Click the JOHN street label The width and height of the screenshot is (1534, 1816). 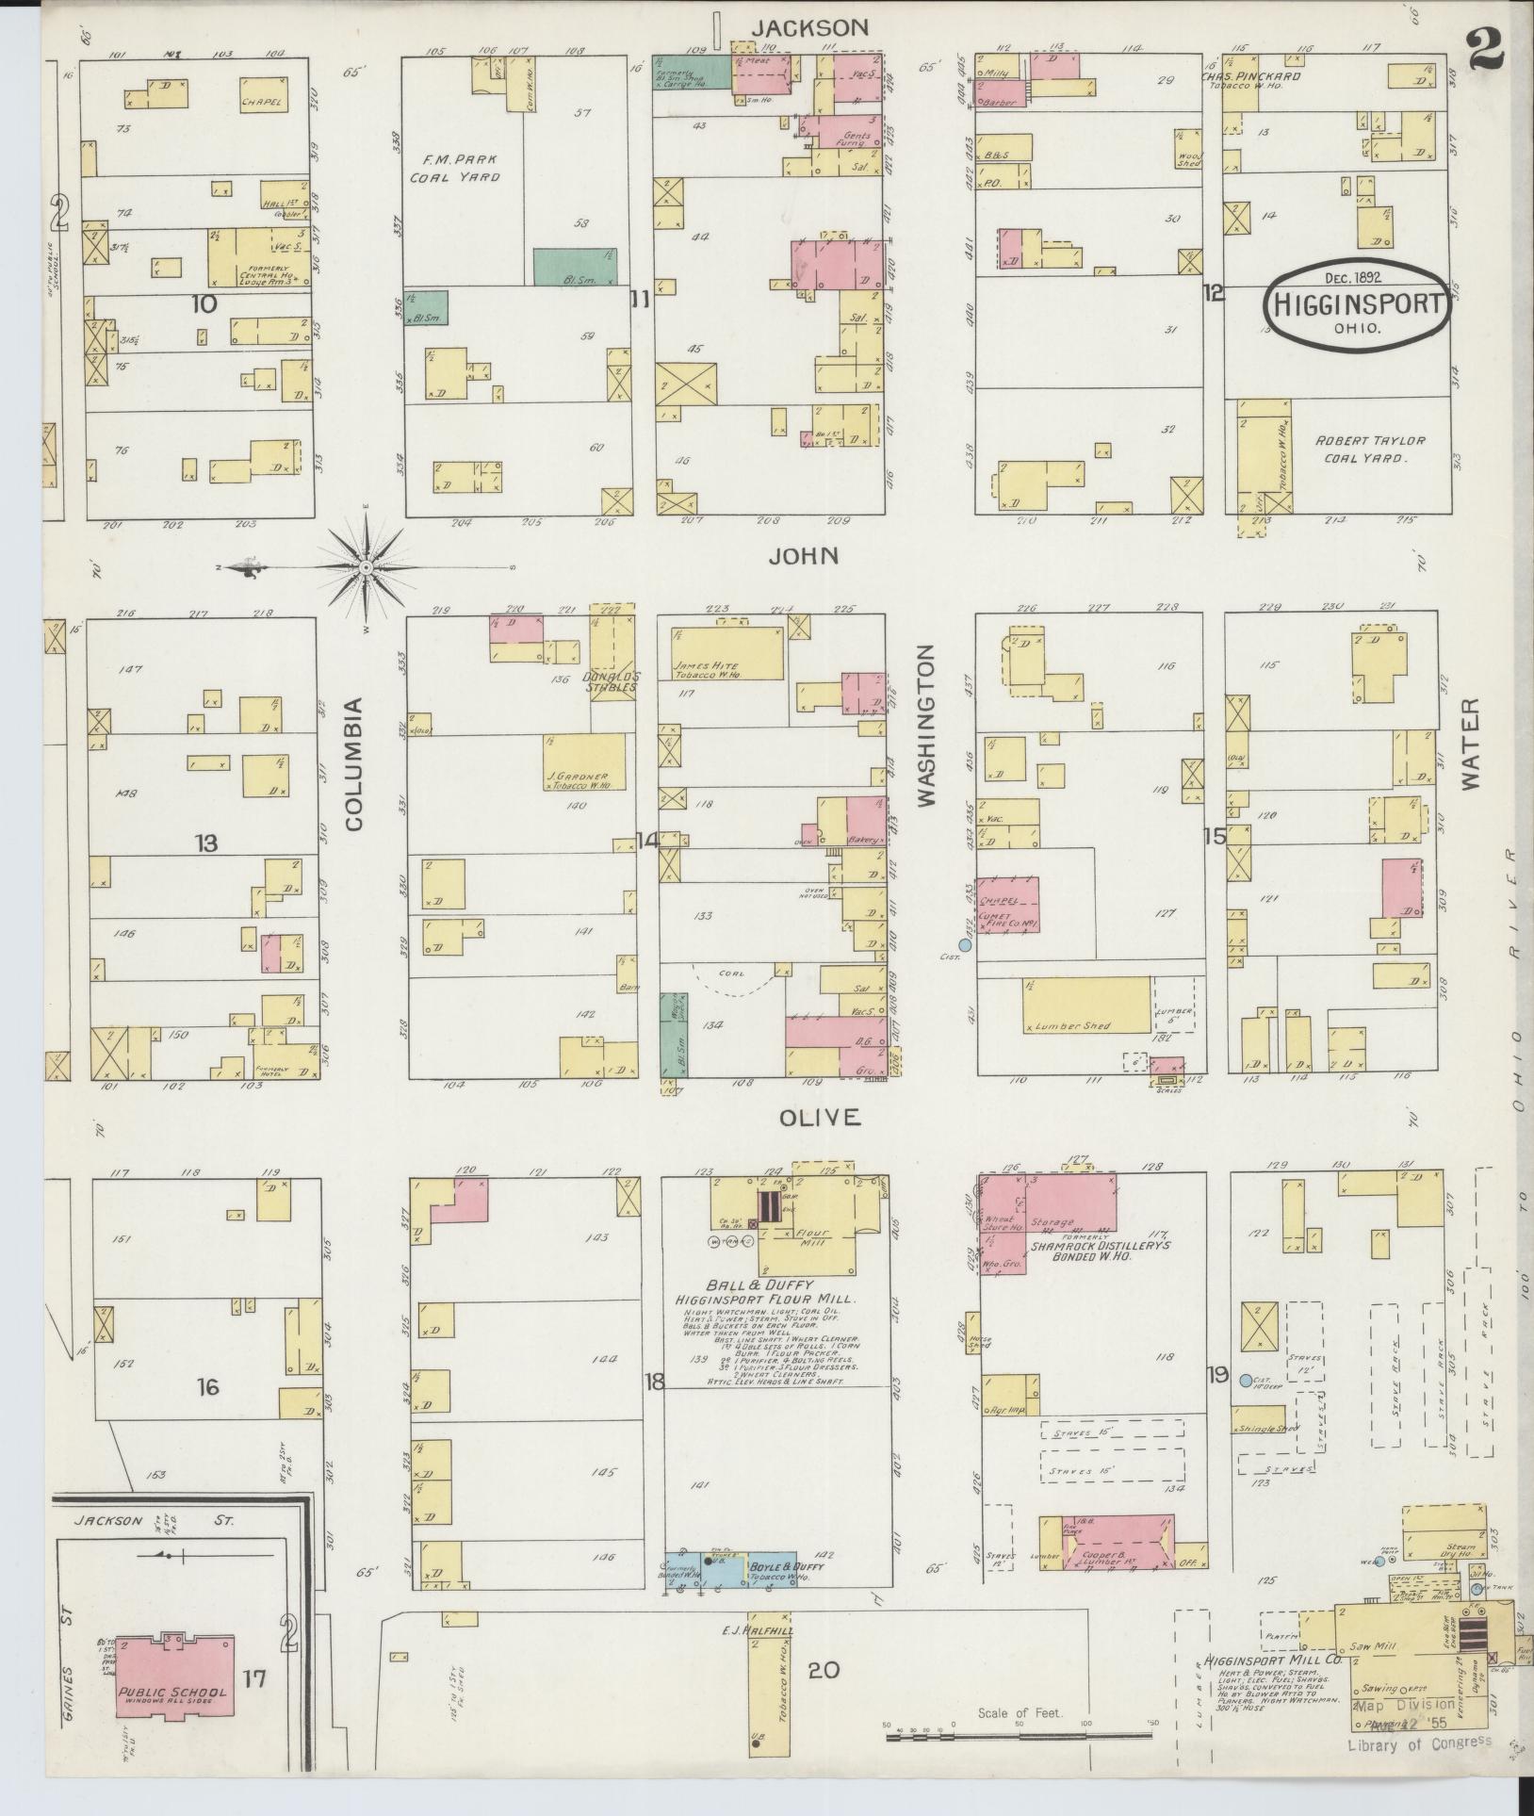click(802, 556)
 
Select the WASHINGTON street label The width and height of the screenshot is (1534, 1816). click(927, 727)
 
